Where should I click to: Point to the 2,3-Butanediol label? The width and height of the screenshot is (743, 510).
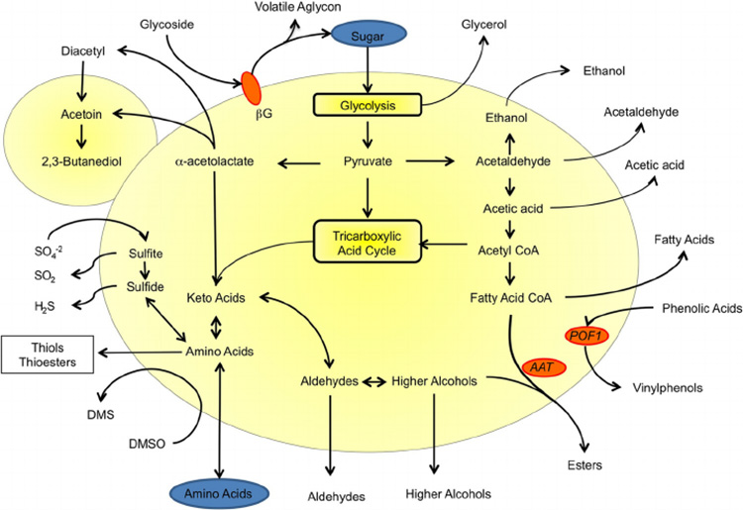coord(78,160)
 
